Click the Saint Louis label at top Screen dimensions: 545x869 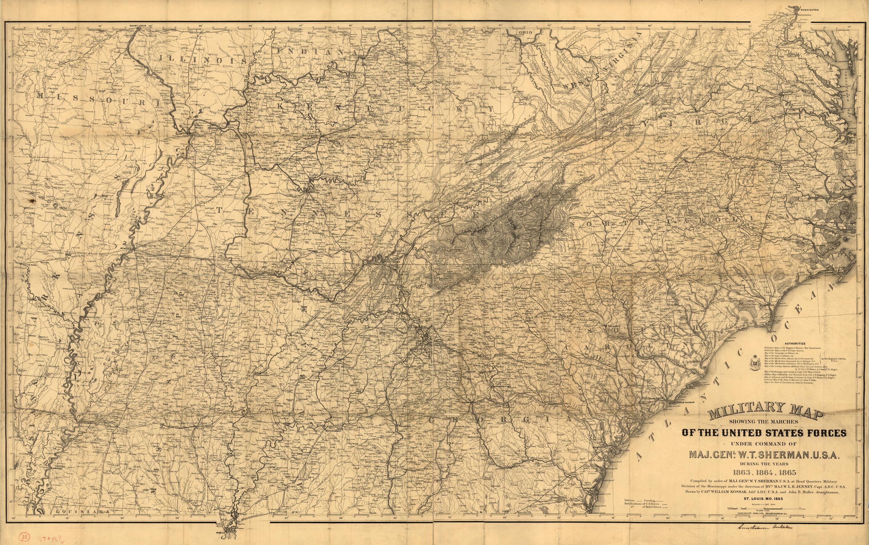(141, 26)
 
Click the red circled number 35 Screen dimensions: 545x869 (25, 536)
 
